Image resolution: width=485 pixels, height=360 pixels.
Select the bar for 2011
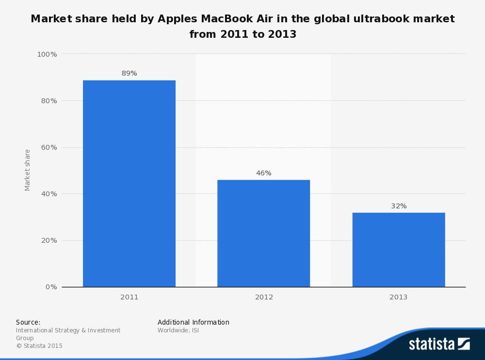coord(129,184)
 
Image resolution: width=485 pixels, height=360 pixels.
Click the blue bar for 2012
coord(263,233)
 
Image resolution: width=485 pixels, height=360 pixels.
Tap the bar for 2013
coord(398,250)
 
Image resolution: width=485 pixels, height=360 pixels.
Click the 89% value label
coord(129,74)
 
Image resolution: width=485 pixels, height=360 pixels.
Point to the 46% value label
coord(263,173)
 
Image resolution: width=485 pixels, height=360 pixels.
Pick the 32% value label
coord(399,206)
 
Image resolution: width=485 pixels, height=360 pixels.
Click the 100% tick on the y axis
coord(47,54)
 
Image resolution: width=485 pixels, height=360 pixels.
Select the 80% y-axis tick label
coord(48,101)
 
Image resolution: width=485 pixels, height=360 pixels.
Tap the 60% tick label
coord(48,147)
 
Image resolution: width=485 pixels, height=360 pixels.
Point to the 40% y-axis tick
coord(48,194)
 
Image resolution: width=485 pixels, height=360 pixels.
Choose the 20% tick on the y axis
coord(48,240)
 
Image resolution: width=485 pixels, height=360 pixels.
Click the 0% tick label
coord(51,287)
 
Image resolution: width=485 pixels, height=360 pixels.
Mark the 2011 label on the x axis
coord(129,297)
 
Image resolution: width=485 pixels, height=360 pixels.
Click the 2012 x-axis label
coord(264,297)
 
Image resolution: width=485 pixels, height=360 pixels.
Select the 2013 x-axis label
coord(398,297)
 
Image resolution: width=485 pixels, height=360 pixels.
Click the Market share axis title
coord(28,170)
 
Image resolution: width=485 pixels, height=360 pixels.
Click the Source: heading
coord(28,322)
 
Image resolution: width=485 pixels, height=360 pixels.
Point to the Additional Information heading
coord(193,322)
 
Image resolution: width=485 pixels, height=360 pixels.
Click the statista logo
coord(439,344)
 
